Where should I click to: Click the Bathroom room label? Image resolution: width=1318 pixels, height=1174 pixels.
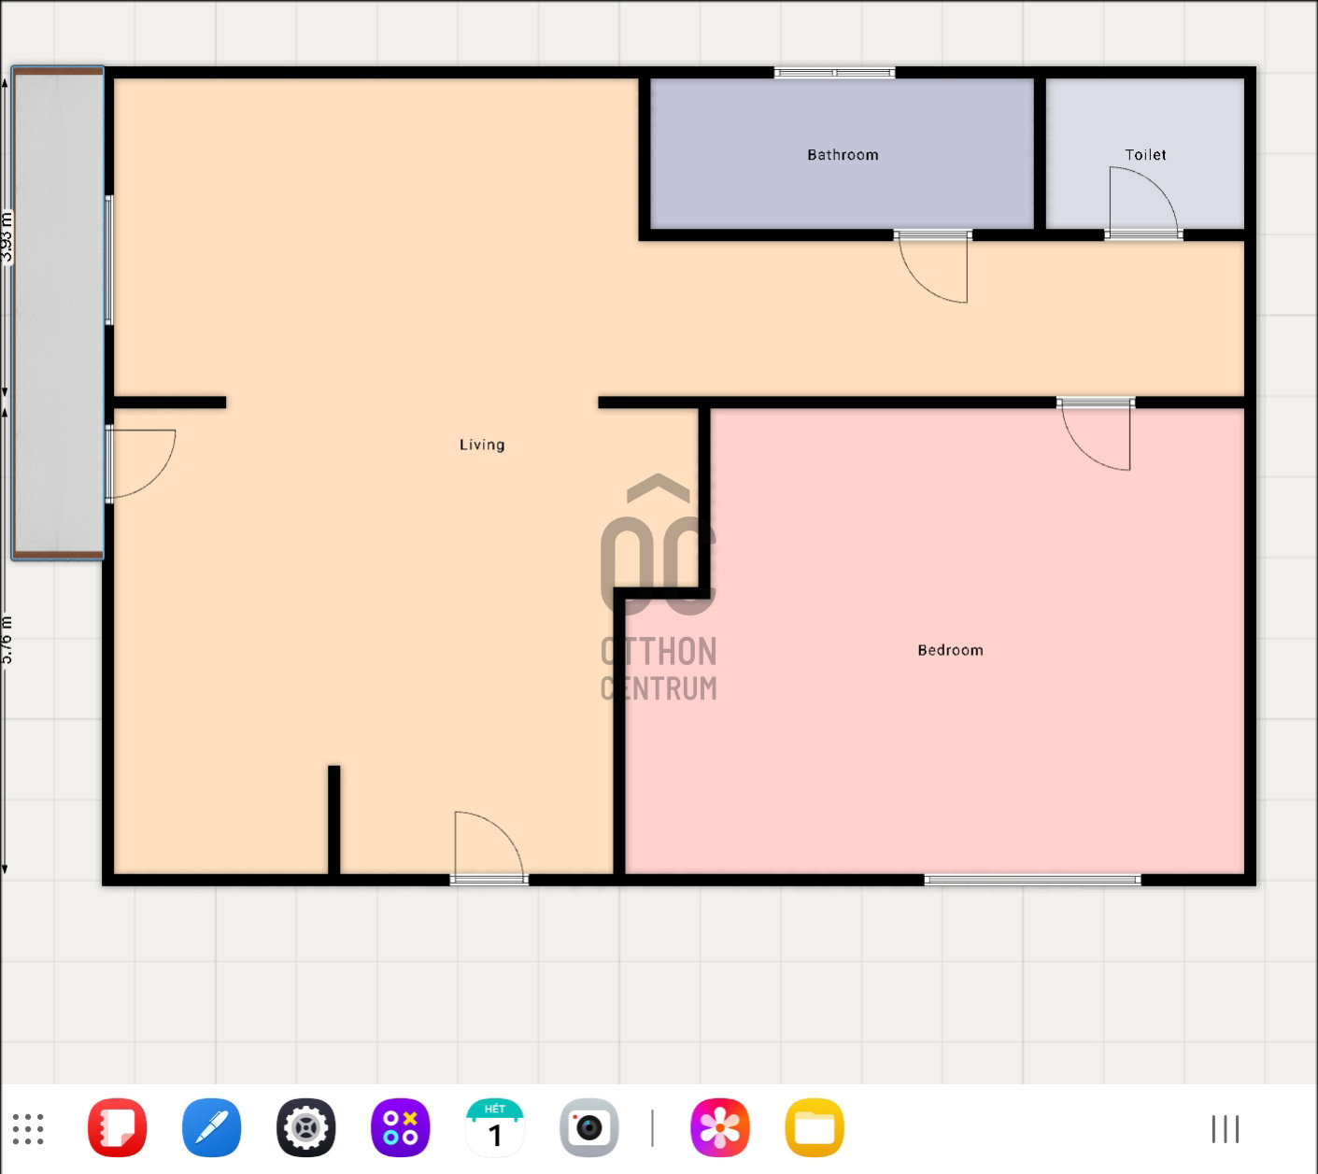(x=843, y=155)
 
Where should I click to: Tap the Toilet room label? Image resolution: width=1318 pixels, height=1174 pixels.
(x=1145, y=155)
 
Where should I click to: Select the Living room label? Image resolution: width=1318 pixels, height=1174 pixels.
(x=482, y=445)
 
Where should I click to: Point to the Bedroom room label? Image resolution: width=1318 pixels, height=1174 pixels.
(x=950, y=650)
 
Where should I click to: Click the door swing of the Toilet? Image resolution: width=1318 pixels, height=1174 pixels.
(x=1141, y=201)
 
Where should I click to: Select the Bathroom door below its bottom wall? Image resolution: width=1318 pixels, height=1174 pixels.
(x=932, y=267)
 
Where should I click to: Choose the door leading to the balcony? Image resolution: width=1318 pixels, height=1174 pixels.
(x=140, y=463)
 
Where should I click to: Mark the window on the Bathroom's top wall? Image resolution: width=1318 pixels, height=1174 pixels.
(x=834, y=73)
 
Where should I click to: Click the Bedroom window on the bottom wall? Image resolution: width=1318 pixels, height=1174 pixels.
(x=1032, y=880)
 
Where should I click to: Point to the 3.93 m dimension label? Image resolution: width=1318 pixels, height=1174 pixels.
(x=7, y=237)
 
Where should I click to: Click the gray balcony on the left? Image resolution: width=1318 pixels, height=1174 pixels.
(x=58, y=313)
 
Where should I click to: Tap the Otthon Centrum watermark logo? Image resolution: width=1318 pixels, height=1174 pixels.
(x=659, y=588)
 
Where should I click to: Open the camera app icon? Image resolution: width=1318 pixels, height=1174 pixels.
(x=588, y=1128)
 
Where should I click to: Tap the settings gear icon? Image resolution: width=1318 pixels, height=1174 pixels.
(x=305, y=1128)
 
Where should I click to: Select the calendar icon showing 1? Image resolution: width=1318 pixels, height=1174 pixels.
(x=494, y=1128)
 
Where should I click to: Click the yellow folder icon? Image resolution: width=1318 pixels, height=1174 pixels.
(x=815, y=1128)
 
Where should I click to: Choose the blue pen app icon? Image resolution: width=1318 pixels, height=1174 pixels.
(x=211, y=1128)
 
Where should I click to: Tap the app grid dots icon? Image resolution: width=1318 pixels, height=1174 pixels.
(x=28, y=1128)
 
